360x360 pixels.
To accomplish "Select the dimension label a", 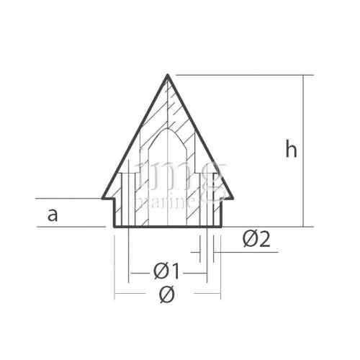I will [x=52, y=215].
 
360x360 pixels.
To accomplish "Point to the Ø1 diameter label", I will [x=167, y=272].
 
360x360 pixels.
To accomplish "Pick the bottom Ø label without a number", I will [x=167, y=294].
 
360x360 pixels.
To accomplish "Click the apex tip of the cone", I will [x=168, y=75].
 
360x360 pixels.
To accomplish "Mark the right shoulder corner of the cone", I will [x=235, y=198].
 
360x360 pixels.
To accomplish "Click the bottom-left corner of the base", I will [x=114, y=227].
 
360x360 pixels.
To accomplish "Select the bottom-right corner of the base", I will [x=222, y=227].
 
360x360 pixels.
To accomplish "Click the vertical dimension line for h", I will [x=304, y=115].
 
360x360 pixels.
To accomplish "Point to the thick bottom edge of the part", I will [x=168, y=227].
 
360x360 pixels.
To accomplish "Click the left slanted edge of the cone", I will [x=134, y=137].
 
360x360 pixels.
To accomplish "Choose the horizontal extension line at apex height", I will [x=245, y=75].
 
